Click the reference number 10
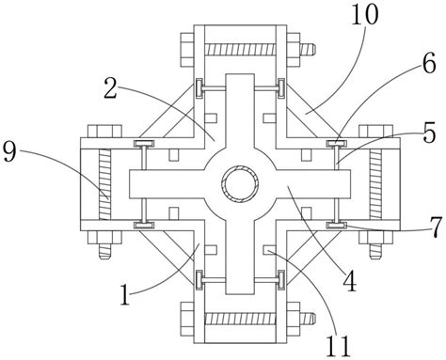tap(364, 14)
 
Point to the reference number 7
tap(436, 227)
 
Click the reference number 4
tap(350, 281)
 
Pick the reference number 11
tap(338, 346)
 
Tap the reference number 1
tap(125, 295)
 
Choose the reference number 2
tap(111, 87)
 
